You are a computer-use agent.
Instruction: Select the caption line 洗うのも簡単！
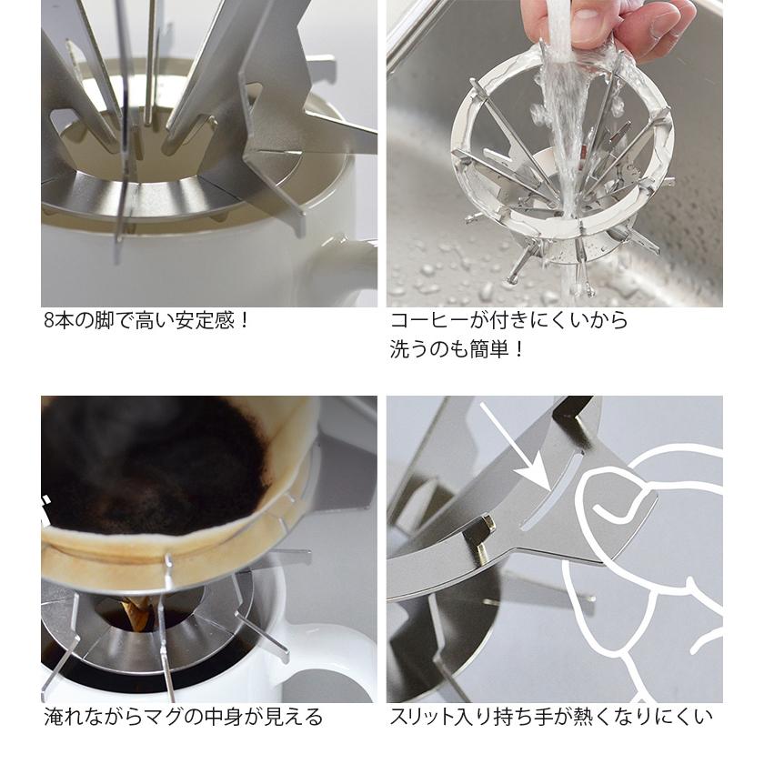pyautogui.click(x=457, y=349)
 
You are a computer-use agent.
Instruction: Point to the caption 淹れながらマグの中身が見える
pyautogui.click(x=183, y=717)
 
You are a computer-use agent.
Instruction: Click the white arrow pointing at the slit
pyautogui.click(x=513, y=446)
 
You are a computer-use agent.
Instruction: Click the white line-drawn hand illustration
pyautogui.click(x=637, y=564)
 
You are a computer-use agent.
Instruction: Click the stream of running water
pyautogui.click(x=569, y=136)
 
